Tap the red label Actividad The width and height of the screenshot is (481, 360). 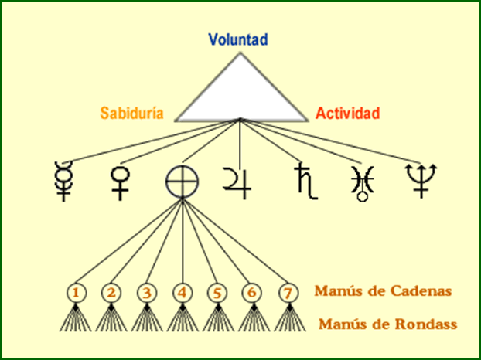[348, 114]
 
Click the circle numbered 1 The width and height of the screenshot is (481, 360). [76, 293]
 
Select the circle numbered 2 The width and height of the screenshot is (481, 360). [111, 293]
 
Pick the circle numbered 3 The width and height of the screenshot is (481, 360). [147, 293]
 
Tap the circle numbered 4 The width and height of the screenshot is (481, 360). [182, 293]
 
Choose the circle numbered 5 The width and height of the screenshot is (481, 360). [217, 293]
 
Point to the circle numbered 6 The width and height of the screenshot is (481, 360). [252, 293]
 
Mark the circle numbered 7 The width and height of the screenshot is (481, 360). [288, 293]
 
